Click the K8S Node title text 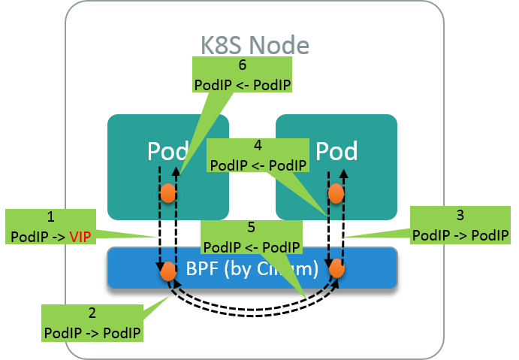point(254,44)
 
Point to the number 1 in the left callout point(51,217)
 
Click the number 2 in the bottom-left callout point(92,313)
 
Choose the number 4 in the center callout point(258,147)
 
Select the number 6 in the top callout point(242,66)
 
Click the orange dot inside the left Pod point(168,194)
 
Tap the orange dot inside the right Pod point(336,194)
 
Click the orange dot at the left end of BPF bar point(168,271)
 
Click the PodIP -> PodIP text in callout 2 point(92,331)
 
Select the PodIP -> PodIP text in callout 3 point(460,235)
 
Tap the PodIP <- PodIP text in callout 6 point(242,85)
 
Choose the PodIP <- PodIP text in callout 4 point(258,165)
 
